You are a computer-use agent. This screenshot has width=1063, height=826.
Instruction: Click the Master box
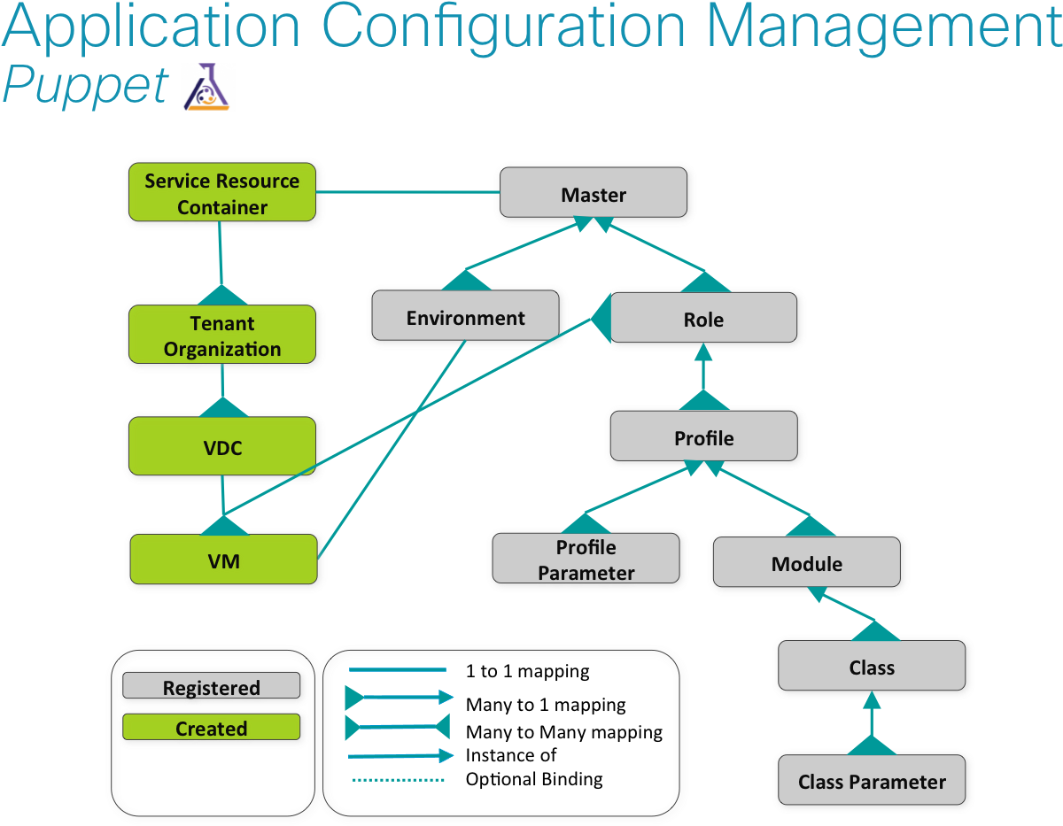pos(593,194)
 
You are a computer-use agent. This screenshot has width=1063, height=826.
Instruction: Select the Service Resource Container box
pos(222,194)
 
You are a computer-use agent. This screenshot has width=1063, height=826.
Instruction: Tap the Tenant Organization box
pos(222,336)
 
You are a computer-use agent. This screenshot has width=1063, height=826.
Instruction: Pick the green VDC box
pos(222,448)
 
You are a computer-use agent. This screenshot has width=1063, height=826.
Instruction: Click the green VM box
pos(223,561)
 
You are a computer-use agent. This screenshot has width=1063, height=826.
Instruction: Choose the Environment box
pos(466,318)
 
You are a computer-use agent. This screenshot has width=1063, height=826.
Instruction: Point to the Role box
pos(703,320)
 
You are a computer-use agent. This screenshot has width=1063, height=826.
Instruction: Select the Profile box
pos(704,438)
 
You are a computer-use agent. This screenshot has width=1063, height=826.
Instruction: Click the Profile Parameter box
pos(586,560)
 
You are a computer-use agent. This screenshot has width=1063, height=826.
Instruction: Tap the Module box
pos(807,564)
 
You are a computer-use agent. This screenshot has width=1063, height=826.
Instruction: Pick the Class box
pos(872,668)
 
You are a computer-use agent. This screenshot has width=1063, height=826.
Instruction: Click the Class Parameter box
pos(872,782)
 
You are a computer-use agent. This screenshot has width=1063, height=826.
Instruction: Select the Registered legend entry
pos(211,687)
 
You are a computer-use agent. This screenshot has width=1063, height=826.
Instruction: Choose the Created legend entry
pos(211,728)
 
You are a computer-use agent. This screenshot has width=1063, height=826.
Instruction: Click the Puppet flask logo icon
pos(206,87)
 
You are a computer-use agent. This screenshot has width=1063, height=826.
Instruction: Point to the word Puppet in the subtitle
pos(85,87)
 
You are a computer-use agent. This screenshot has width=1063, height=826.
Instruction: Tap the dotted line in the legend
pos(398,780)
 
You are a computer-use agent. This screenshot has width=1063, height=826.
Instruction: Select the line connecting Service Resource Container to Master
pos(407,192)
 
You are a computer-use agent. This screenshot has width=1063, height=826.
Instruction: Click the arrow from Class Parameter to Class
pos(872,722)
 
